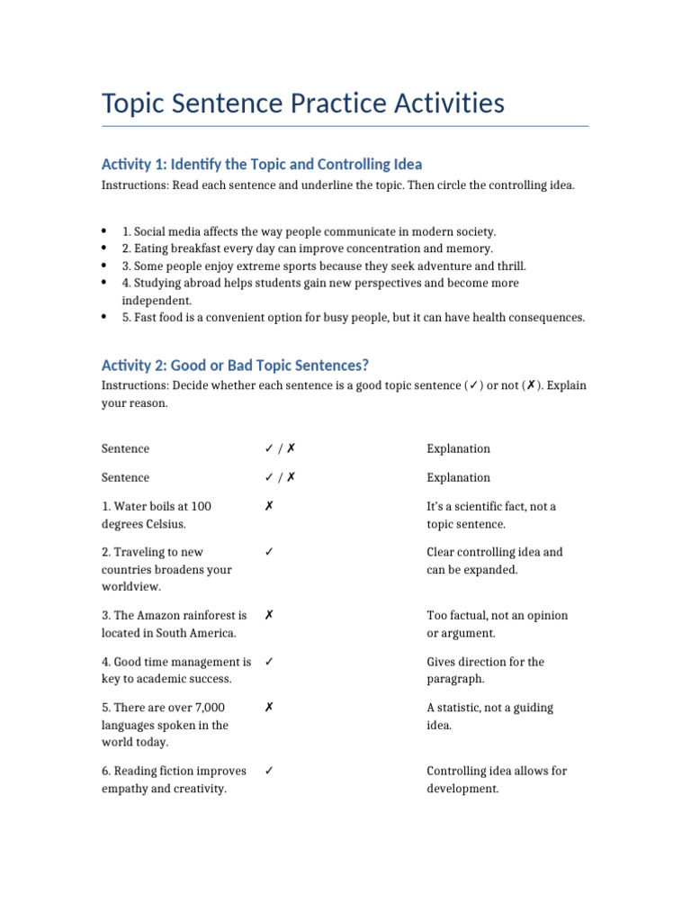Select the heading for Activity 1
click(x=261, y=164)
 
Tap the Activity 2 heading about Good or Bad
click(x=235, y=365)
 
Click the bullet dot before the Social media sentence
click(x=104, y=231)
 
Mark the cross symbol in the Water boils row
click(x=269, y=507)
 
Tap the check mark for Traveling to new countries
click(x=269, y=553)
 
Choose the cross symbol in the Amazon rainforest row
click(x=269, y=616)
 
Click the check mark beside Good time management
click(x=269, y=662)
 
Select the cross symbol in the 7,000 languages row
click(x=269, y=708)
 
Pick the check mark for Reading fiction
click(x=269, y=771)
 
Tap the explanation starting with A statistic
click(x=489, y=716)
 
